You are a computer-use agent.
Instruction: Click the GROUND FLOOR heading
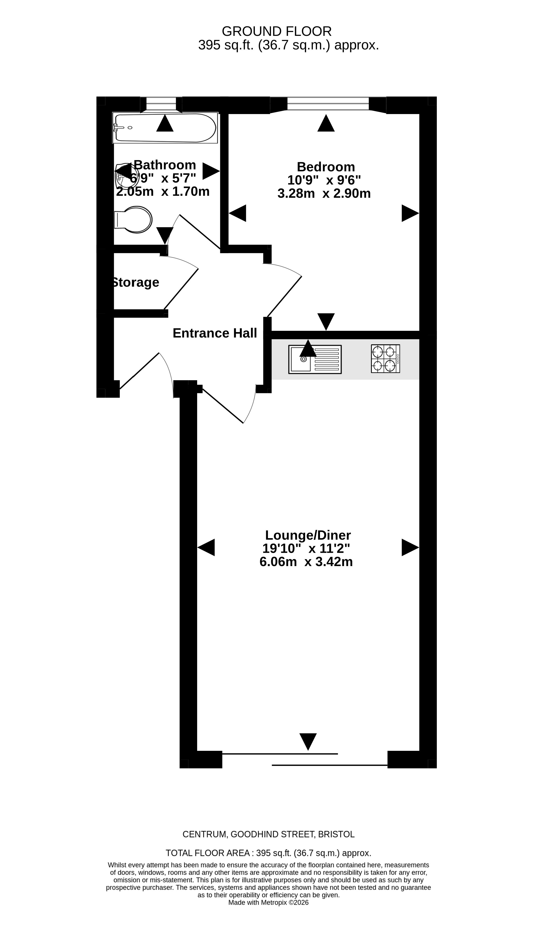276,32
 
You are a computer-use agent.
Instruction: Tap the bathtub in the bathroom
165,128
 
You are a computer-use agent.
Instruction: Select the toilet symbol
133,220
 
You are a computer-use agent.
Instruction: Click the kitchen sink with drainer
315,359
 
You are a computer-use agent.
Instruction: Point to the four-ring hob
386,359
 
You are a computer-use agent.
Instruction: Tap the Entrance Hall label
215,333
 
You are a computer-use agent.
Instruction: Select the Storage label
135,282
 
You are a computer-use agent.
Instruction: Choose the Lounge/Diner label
308,535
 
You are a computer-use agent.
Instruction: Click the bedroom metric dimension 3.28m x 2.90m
324,193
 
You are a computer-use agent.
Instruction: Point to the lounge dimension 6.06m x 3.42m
306,561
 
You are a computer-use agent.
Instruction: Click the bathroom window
161,104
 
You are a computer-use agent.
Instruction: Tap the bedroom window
328,104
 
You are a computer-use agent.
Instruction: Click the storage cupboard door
181,289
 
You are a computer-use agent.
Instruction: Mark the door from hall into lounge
223,406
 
